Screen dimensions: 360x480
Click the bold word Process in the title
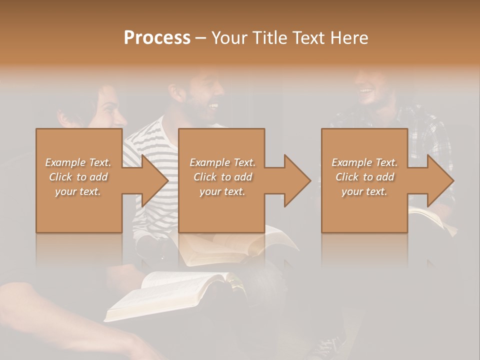(157, 37)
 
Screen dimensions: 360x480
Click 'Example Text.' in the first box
(78, 162)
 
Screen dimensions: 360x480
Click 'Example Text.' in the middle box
(222, 162)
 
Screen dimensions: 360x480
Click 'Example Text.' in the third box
(364, 162)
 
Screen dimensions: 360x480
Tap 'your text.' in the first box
(78, 191)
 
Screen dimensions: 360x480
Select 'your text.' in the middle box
(222, 191)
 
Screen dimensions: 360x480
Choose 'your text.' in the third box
(364, 191)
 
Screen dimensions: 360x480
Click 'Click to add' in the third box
(364, 177)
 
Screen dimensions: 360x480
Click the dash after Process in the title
(200, 38)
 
